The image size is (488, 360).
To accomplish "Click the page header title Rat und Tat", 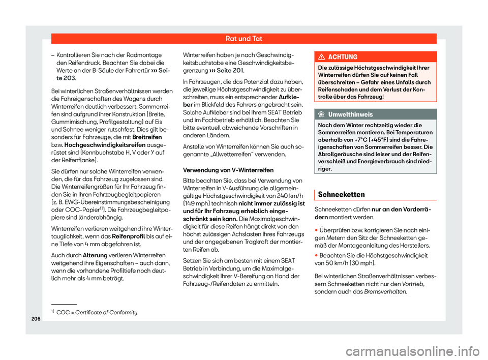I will [x=243, y=38].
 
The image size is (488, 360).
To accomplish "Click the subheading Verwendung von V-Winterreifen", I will [x=229, y=170].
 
